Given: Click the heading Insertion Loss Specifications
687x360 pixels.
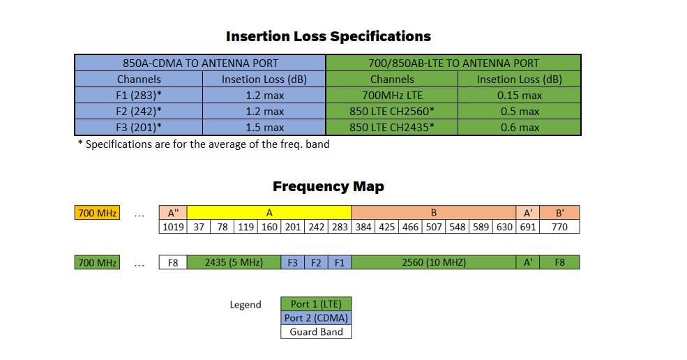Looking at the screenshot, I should point(328,36).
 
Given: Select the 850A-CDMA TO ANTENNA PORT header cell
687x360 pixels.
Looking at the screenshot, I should point(199,63).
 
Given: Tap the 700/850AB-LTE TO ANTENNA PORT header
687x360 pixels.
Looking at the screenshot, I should point(453,63).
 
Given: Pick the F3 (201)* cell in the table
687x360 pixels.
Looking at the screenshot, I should point(139,128).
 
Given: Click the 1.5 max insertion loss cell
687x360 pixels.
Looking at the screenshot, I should point(264,128).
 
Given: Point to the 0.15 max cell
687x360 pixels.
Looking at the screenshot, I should point(519,96).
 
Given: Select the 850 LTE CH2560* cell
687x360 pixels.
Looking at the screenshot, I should point(392,112).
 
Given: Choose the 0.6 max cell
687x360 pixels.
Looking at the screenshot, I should point(519,128).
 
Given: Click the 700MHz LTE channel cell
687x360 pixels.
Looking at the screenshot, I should point(392,96).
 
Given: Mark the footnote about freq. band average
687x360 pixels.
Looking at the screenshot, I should point(203,144).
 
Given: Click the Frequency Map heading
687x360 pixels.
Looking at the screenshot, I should point(328,186).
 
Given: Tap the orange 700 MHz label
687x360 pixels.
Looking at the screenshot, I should point(96,213).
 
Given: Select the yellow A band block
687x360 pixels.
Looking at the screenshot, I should point(269,213).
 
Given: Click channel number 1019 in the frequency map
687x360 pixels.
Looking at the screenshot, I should point(173,227).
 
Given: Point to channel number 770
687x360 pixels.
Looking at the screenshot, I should point(559,227).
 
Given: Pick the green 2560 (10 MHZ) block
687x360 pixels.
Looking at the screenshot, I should point(434,262).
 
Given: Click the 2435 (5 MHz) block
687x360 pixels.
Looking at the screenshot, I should point(233,262).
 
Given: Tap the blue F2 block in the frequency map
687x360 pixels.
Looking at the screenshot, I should point(316,262).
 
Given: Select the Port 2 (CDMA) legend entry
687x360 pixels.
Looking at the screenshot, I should point(316,318).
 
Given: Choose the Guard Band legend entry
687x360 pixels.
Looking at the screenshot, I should point(316,332).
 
